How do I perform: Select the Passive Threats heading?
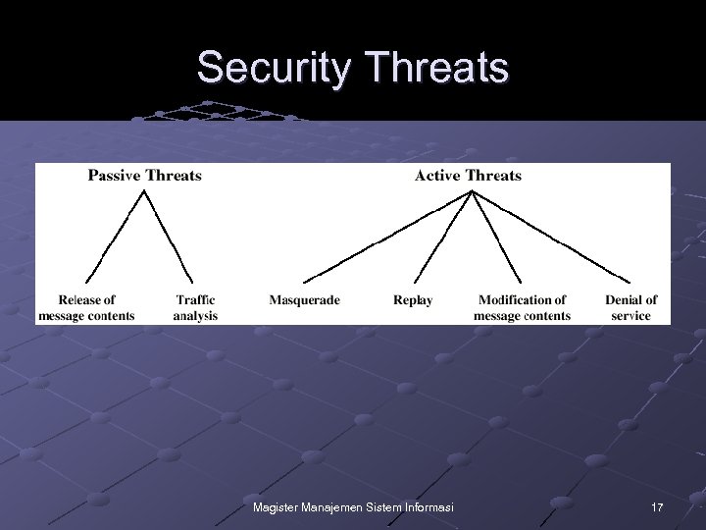[145, 176]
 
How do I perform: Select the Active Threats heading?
[469, 176]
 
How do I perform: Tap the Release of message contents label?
[86, 308]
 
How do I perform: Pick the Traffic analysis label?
[195, 308]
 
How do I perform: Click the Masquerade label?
[305, 300]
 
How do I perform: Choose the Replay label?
[413, 300]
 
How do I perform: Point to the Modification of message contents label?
[522, 308]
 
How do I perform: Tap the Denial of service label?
[631, 308]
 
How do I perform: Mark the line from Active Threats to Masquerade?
[386, 236]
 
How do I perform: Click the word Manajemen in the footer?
[330, 505]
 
